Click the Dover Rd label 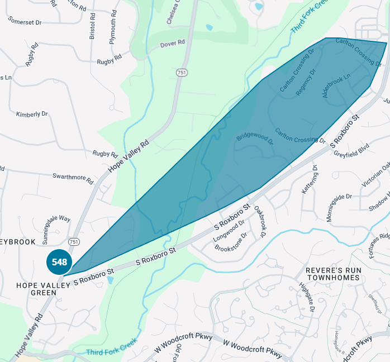[172, 43]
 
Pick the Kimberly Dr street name [32, 114]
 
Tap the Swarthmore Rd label [73, 178]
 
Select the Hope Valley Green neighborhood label [36, 288]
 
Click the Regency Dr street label [306, 82]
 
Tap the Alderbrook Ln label [336, 85]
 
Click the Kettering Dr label [308, 179]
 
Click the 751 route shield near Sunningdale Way [74, 241]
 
